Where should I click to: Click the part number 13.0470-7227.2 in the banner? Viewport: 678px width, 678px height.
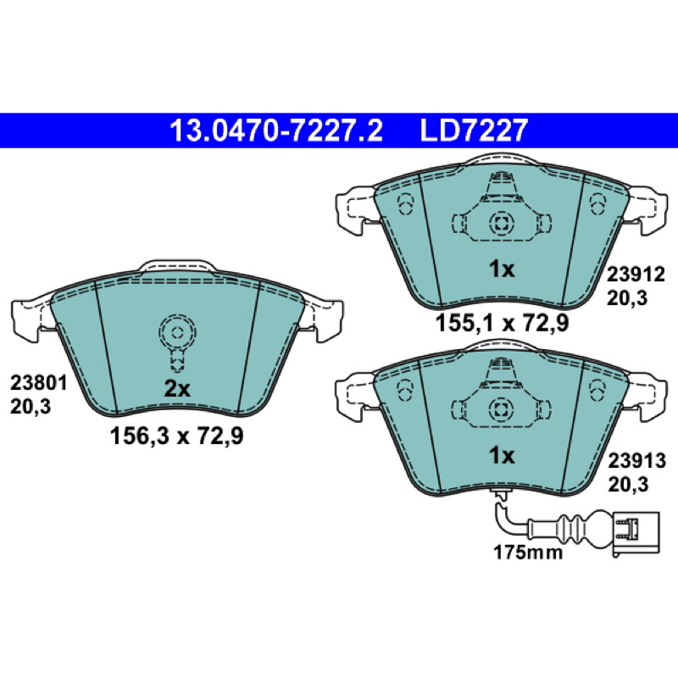[276, 131]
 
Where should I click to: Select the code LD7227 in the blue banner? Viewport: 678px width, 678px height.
[474, 131]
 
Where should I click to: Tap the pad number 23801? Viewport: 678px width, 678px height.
[38, 383]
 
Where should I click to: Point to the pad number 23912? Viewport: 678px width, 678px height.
[636, 274]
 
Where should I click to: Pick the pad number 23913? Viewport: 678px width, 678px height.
[636, 461]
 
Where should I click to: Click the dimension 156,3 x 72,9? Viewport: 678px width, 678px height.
[177, 436]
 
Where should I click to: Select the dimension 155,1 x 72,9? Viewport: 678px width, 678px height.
[502, 323]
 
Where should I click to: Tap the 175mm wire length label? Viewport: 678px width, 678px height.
[528, 553]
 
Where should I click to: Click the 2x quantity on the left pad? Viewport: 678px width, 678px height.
[177, 389]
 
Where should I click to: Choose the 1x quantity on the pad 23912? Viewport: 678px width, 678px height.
[502, 270]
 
